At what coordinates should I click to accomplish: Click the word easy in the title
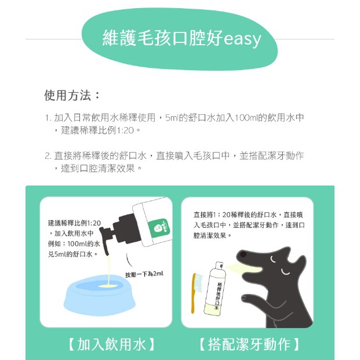point(242,39)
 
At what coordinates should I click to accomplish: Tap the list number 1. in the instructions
point(48,118)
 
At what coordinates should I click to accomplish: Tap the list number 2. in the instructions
point(48,156)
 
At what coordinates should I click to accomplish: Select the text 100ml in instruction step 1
point(245,118)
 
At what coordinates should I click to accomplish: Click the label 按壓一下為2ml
point(144,274)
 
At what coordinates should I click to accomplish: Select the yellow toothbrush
point(194,293)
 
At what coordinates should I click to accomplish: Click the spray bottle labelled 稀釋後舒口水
point(215,289)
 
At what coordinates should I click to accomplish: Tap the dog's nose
point(242,254)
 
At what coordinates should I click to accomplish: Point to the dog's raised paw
point(249,299)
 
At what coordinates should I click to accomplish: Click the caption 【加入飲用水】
point(111,344)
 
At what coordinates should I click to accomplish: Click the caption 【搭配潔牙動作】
point(249,344)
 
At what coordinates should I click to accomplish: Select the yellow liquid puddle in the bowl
point(107,286)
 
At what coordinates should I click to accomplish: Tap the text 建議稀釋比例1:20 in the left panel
point(74,223)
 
